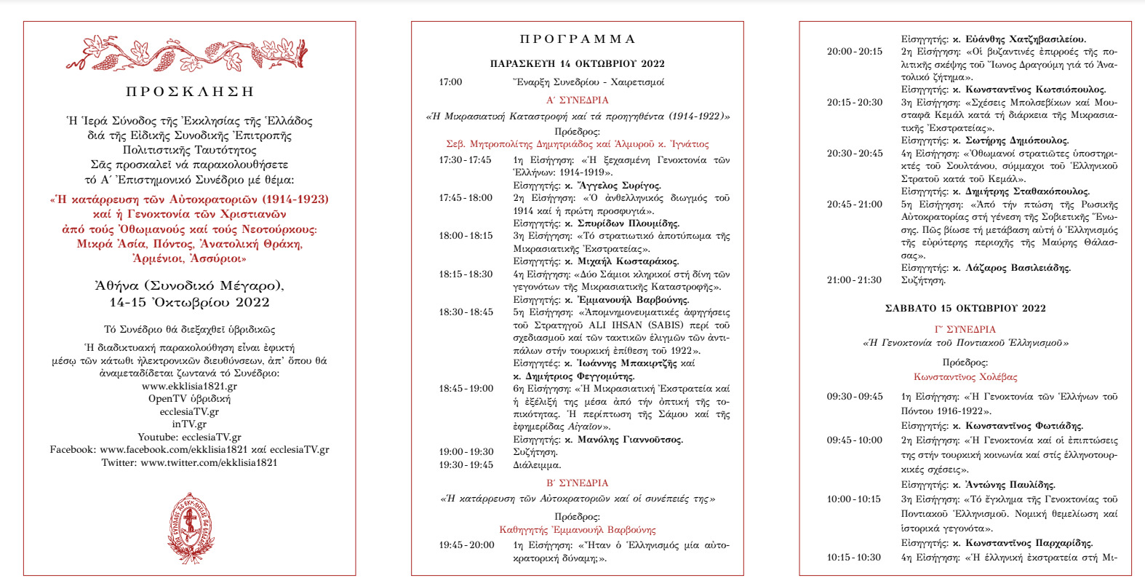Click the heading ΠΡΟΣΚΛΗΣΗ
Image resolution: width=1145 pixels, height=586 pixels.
tap(189, 92)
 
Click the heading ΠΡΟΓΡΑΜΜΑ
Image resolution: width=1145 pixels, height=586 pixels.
tap(578, 39)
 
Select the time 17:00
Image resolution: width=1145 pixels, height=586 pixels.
tap(450, 82)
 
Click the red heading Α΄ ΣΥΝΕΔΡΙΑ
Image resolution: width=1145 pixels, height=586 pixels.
tap(578, 100)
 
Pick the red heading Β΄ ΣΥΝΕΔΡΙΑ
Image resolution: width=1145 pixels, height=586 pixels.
tap(578, 483)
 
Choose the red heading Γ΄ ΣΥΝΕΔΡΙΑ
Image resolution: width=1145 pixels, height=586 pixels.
tap(965, 330)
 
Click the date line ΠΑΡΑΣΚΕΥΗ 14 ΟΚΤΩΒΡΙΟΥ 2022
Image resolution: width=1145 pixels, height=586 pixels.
tap(578, 64)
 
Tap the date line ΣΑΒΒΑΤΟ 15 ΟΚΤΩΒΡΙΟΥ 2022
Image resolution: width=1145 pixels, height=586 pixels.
tap(965, 309)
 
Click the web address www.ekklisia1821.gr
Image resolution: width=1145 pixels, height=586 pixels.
tap(189, 387)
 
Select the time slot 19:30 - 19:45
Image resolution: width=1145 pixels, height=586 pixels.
tap(466, 465)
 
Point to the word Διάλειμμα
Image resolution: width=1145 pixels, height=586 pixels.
tap(537, 465)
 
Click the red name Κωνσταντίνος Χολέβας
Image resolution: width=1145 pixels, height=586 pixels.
tap(965, 377)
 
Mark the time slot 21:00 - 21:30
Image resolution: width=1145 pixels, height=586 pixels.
tap(854, 280)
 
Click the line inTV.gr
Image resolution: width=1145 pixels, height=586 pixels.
tap(189, 424)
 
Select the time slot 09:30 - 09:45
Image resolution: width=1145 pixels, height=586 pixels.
tap(855, 397)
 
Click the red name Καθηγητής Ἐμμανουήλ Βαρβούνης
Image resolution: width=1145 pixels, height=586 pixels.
tap(578, 530)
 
